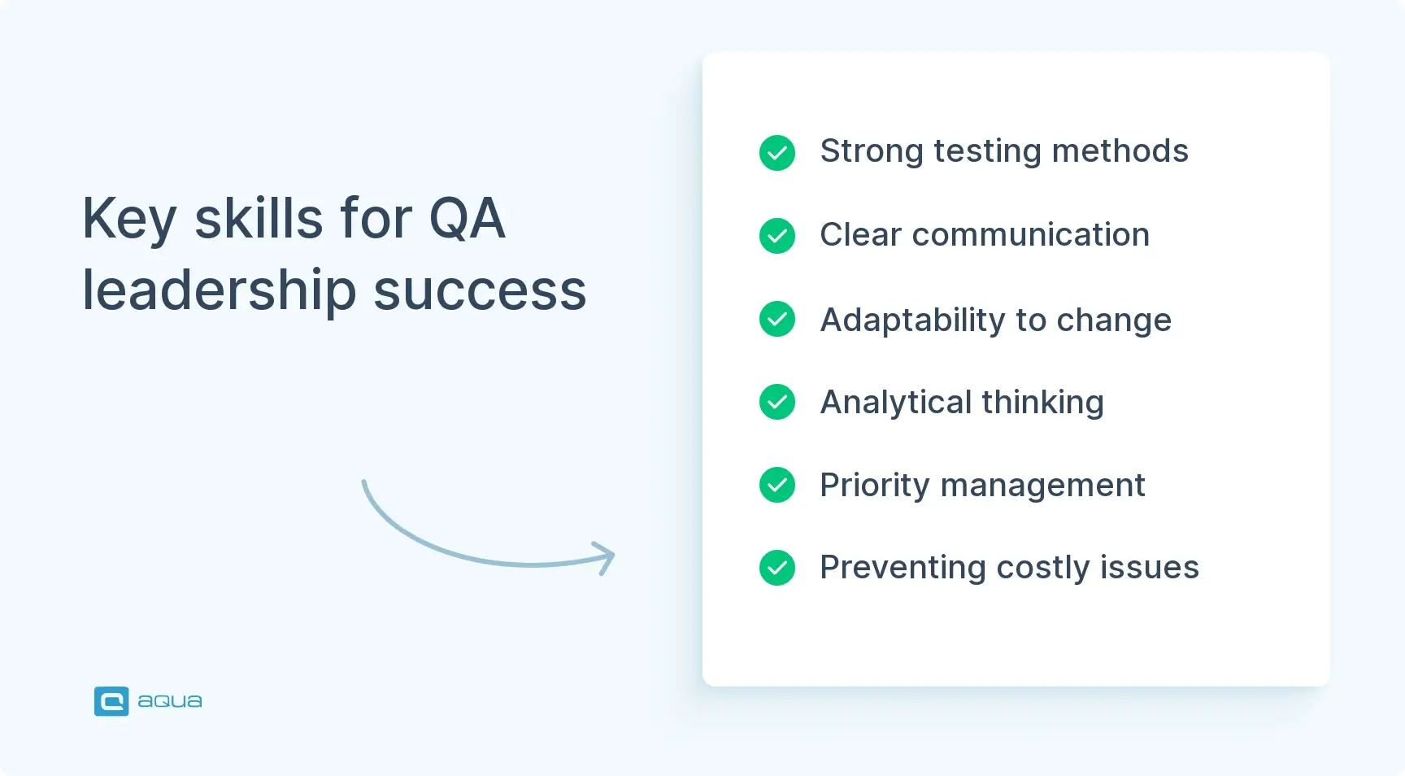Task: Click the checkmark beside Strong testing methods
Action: point(776,153)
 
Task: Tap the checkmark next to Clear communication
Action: point(776,236)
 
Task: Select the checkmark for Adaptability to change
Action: point(776,319)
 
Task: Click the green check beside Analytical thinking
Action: point(776,402)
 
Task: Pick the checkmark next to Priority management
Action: point(776,485)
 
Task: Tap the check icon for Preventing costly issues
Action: point(776,568)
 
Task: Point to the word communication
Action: point(1030,235)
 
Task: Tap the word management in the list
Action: point(1042,486)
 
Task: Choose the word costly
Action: point(1042,569)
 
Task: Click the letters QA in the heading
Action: point(467,219)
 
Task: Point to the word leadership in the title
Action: point(220,291)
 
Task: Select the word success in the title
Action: point(480,291)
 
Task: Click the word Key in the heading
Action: point(129,220)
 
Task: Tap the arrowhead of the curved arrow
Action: point(605,557)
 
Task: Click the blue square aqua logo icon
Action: point(111,701)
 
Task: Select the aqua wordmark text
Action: point(169,701)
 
